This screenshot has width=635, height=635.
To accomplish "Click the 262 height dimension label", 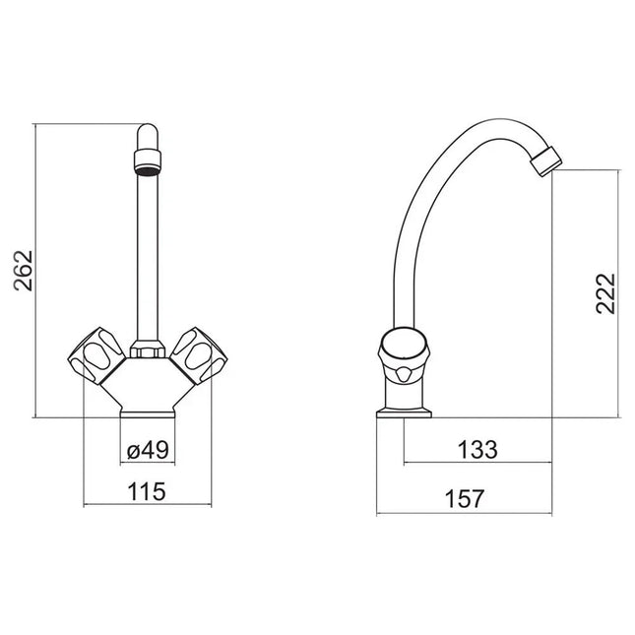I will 25,271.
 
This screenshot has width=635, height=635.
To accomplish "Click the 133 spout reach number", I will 478,450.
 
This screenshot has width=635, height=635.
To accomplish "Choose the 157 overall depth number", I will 465,499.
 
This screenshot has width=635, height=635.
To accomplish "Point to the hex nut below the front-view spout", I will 147,349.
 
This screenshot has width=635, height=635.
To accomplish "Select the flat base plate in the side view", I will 404,413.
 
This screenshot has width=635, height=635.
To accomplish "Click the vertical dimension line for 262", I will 35,271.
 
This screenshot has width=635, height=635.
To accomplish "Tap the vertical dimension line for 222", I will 619,293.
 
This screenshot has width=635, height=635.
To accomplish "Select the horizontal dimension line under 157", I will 464,513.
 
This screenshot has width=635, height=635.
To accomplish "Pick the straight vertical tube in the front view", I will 147,256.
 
